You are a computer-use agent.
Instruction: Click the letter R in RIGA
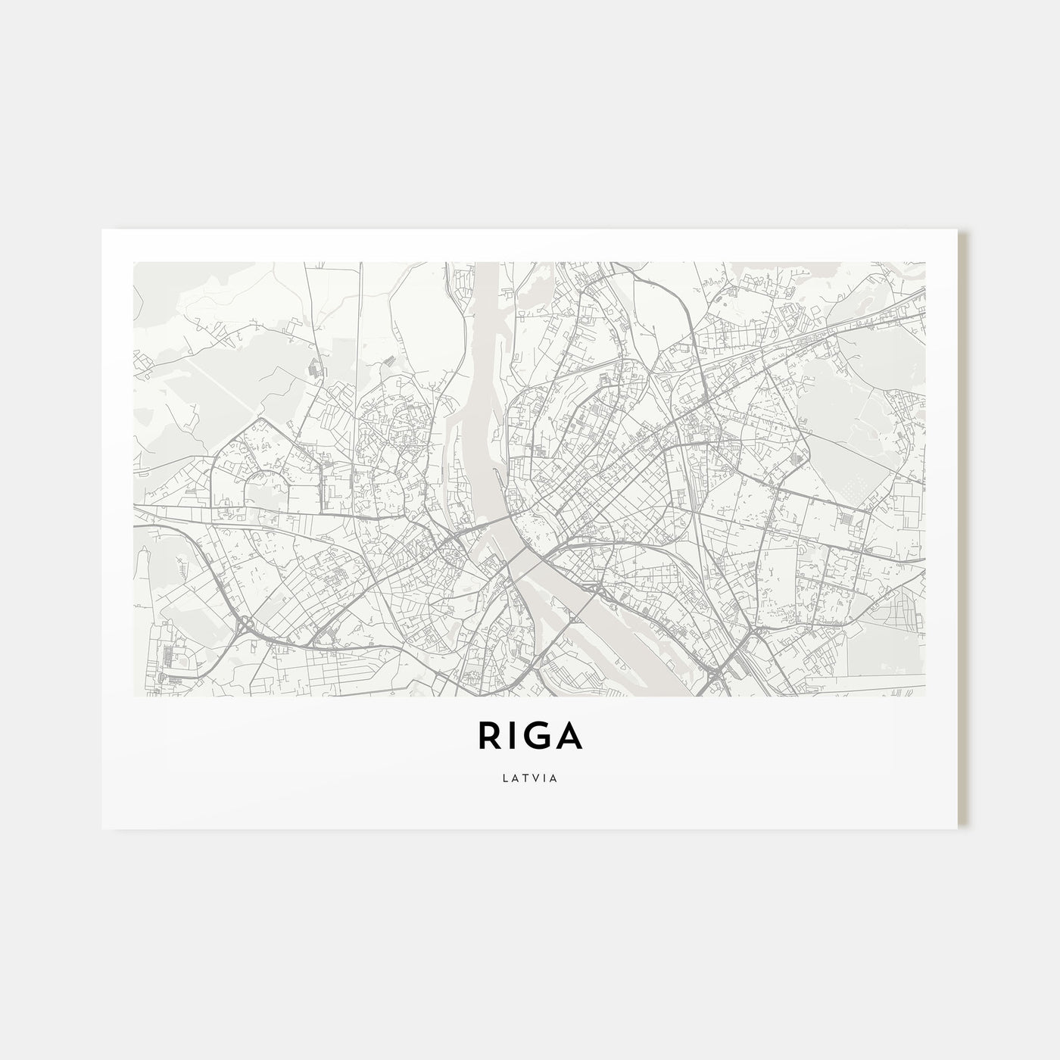[487, 735]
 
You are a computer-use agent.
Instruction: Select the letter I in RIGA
[510, 735]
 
